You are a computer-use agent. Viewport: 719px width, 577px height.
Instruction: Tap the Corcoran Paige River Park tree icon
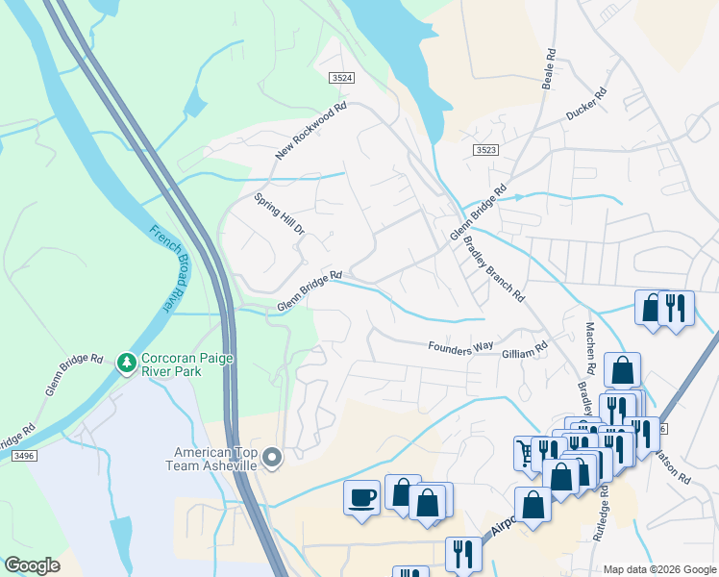[125, 363]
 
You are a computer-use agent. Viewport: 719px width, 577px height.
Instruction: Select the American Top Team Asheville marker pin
[272, 459]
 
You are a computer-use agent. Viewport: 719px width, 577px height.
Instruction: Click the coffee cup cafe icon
[361, 496]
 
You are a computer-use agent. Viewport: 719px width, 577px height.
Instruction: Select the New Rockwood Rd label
[310, 131]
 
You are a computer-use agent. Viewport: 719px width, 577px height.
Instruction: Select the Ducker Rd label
[586, 105]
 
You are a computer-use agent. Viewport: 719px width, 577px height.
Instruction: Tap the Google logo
[33, 565]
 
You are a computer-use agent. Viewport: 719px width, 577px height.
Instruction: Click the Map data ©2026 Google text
[658, 569]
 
